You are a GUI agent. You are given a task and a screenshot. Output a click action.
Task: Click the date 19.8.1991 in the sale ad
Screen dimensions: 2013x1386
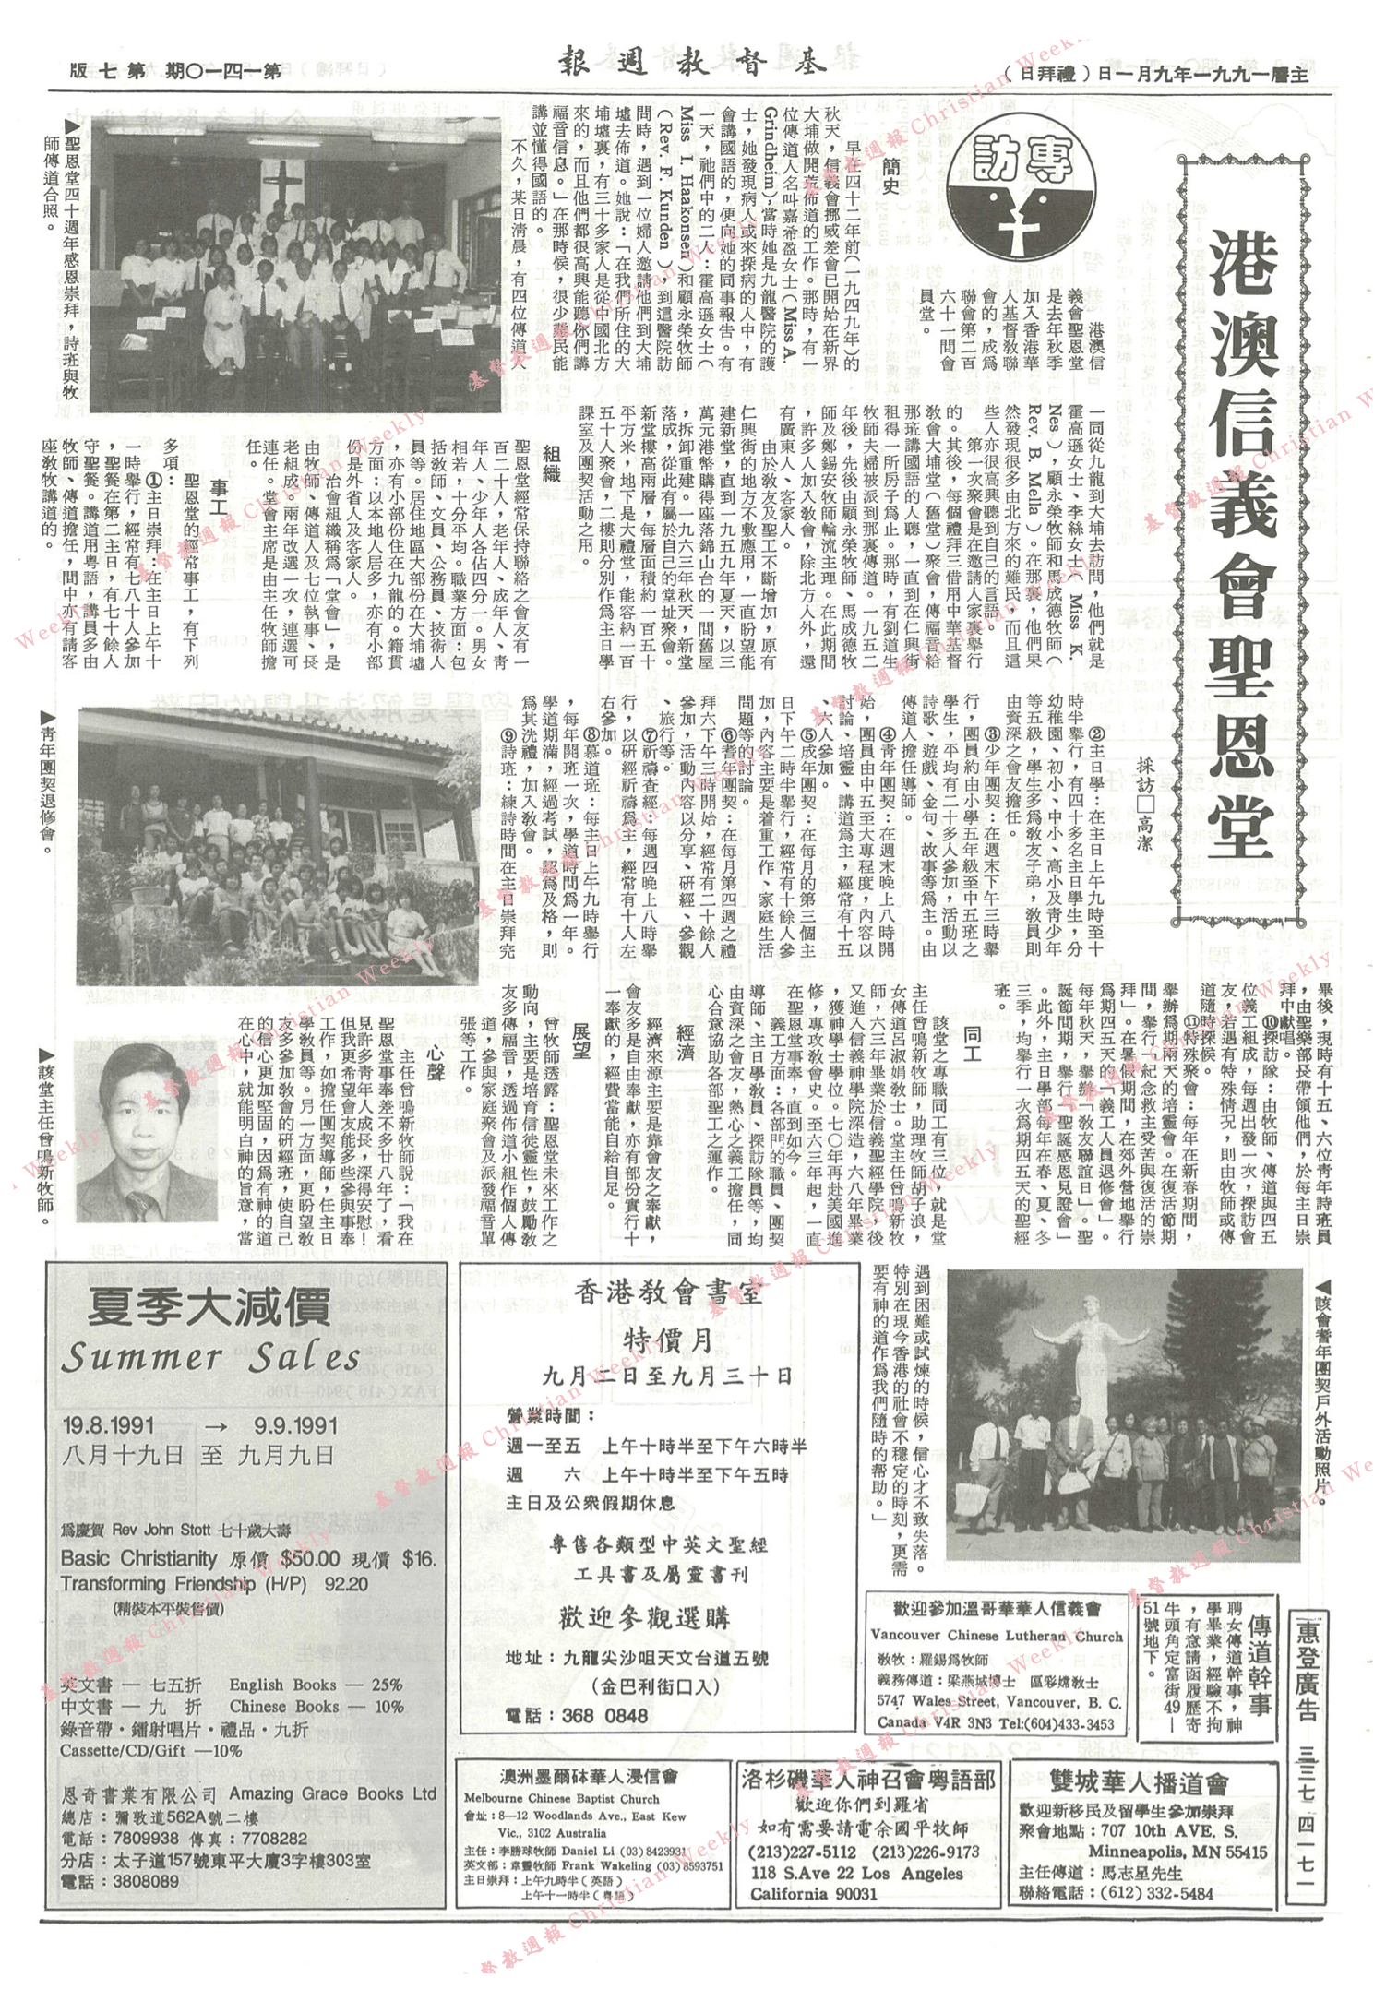click(x=109, y=1424)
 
